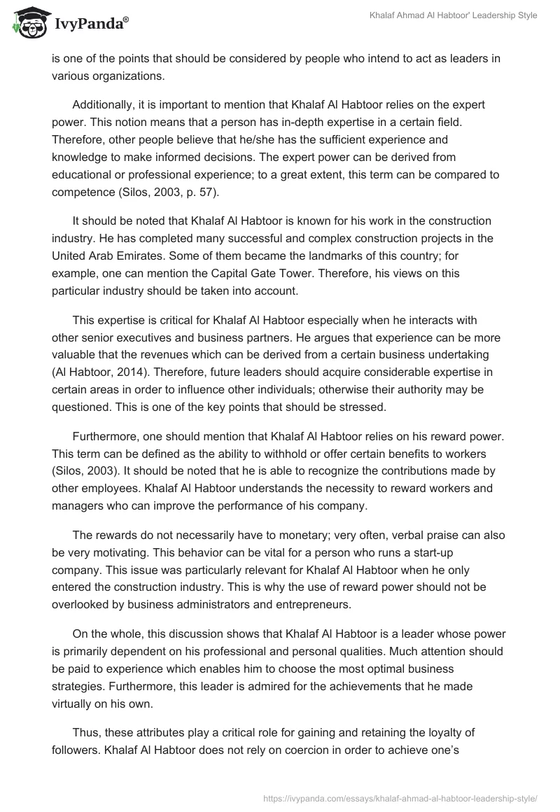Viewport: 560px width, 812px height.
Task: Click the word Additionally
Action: (x=105, y=104)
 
